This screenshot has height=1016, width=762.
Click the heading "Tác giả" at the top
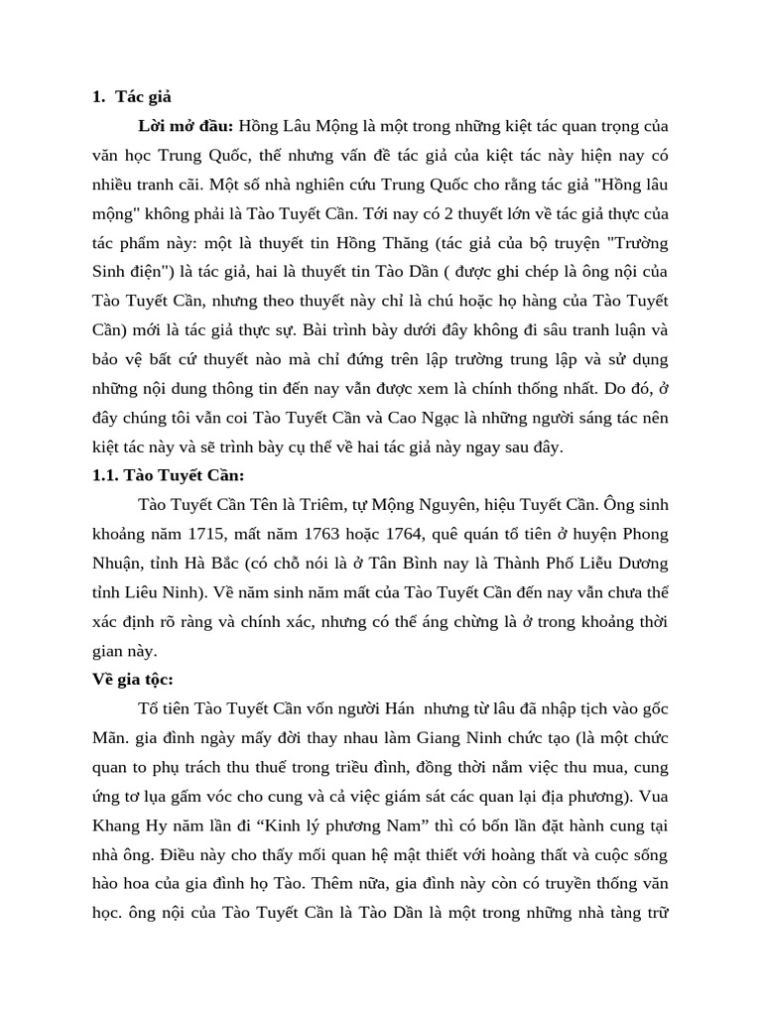(143, 96)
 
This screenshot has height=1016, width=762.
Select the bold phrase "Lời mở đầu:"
(186, 126)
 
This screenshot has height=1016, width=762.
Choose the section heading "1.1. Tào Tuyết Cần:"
(168, 476)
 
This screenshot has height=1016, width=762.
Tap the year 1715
(232, 534)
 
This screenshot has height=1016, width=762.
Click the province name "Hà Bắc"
(207, 563)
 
